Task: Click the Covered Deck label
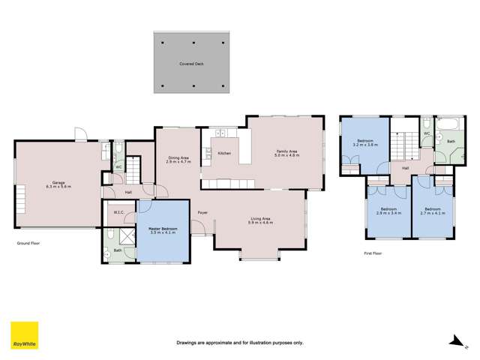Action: click(x=191, y=64)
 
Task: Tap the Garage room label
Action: click(x=58, y=184)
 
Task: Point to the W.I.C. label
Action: click(x=118, y=211)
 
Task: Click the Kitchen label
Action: click(x=223, y=153)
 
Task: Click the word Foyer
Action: click(x=202, y=213)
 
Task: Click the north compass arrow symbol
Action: click(x=454, y=341)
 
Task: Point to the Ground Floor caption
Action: click(x=28, y=244)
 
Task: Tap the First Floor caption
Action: click(x=373, y=253)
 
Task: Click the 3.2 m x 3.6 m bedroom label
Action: click(x=365, y=142)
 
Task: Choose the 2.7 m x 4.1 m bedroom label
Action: click(x=433, y=211)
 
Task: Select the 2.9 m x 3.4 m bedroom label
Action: click(x=388, y=211)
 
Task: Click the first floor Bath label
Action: click(x=451, y=141)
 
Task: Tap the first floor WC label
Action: click(x=427, y=133)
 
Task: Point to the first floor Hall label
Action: click(x=405, y=168)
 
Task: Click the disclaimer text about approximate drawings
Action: click(x=240, y=343)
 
